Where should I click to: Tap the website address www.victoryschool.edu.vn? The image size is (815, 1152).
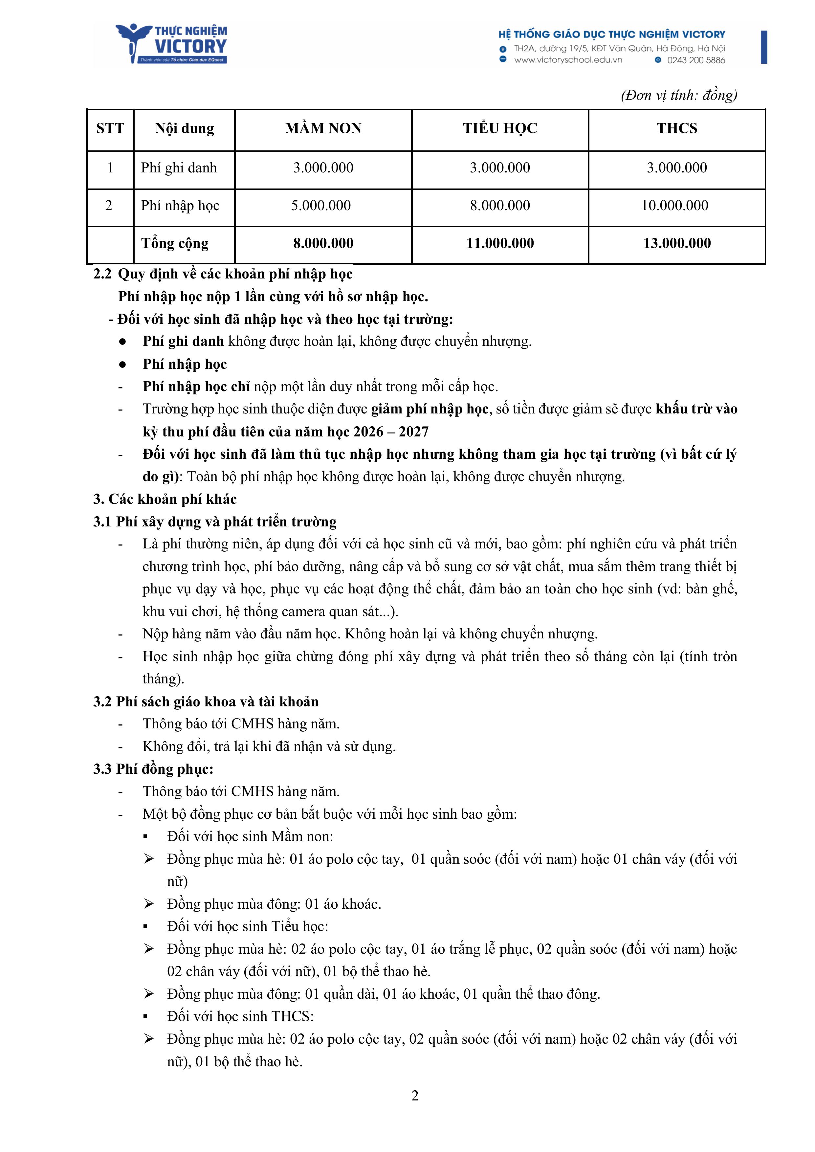click(568, 60)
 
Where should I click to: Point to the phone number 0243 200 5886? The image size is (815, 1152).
click(695, 60)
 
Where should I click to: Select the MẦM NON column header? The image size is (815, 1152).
click(323, 128)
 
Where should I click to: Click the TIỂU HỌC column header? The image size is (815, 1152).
click(500, 128)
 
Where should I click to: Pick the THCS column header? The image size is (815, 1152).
click(676, 128)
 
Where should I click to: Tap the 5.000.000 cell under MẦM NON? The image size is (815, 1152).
click(321, 205)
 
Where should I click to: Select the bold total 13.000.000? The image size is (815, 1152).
click(677, 243)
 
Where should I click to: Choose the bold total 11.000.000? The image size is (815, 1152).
click(500, 243)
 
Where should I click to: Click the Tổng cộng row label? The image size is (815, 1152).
click(175, 243)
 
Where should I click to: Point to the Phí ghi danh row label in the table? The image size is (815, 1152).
click(179, 167)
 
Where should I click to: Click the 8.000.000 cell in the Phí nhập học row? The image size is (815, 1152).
click(500, 205)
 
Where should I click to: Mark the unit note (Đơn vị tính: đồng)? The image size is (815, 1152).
click(678, 95)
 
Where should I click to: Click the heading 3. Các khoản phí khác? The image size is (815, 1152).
click(165, 499)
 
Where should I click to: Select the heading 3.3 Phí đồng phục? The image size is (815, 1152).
click(153, 769)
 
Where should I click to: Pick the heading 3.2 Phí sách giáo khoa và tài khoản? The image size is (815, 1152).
click(206, 701)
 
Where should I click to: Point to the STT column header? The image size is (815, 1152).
click(110, 128)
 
